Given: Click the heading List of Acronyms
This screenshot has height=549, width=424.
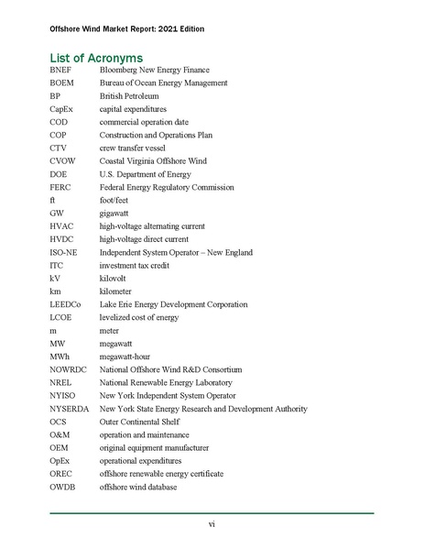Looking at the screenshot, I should (104, 58).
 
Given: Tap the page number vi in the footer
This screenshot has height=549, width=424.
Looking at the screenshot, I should (212, 523).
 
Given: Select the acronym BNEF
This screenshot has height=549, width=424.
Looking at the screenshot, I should (62, 70).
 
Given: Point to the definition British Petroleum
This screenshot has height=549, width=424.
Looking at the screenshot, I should (129, 95).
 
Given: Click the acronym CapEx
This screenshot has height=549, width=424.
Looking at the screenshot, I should (62, 109).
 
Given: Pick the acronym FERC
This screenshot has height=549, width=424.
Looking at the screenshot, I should (61, 187).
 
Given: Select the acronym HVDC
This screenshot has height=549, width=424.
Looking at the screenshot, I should (62, 239).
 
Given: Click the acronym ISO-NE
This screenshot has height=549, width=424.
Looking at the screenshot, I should (65, 252).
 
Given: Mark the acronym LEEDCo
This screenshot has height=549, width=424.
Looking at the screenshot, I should (67, 304).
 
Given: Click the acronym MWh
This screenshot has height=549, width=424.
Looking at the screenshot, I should (61, 357).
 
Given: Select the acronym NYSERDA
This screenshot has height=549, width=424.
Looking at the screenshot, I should (70, 409).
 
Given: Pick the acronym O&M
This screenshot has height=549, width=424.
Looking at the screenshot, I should (61, 434).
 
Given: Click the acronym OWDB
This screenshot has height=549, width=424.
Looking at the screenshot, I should (63, 487).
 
